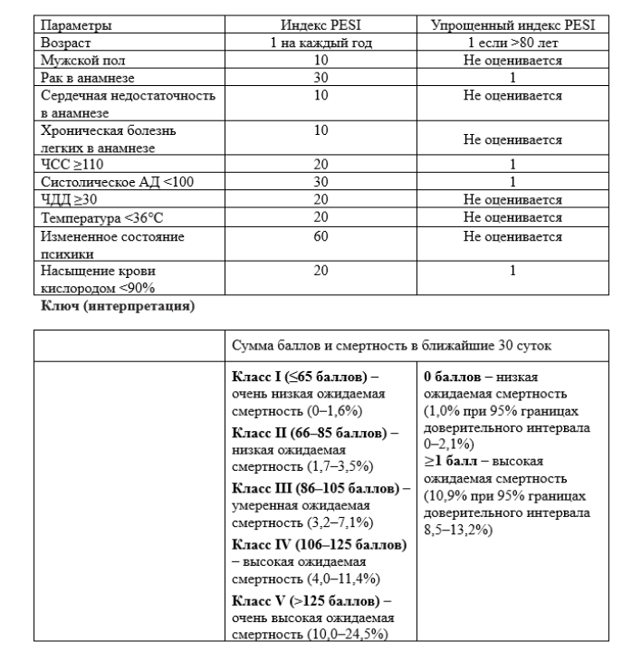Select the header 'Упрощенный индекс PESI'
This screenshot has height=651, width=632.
click(x=512, y=26)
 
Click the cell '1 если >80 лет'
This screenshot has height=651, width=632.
click(x=512, y=43)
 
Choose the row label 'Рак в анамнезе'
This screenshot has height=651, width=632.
click(x=86, y=77)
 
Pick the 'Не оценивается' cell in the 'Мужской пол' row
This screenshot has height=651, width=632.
click(x=512, y=60)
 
